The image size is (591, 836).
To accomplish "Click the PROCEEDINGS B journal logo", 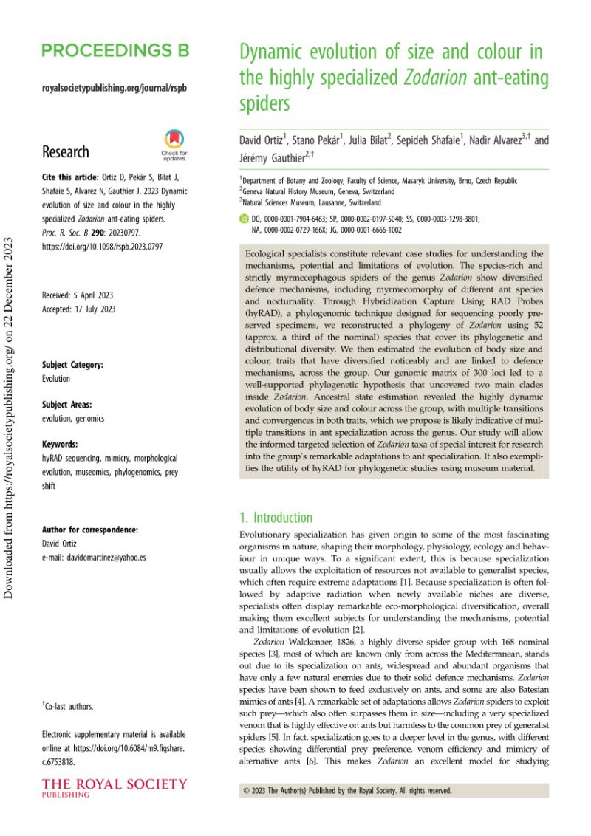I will pyautogui.click(x=116, y=50).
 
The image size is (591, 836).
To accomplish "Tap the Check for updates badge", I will pyautogui.click(x=174, y=145).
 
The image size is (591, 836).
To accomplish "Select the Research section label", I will pyautogui.click(x=66, y=152).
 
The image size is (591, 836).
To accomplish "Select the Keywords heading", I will pyautogui.click(x=60, y=445).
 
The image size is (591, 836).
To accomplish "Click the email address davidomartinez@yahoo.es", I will pyautogui.click(x=94, y=558).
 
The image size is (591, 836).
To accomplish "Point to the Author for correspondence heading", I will pyautogui.click(x=90, y=530).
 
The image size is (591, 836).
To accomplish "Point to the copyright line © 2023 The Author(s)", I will pyautogui.click(x=347, y=790).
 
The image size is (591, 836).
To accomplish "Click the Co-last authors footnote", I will pyautogui.click(x=68, y=707).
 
